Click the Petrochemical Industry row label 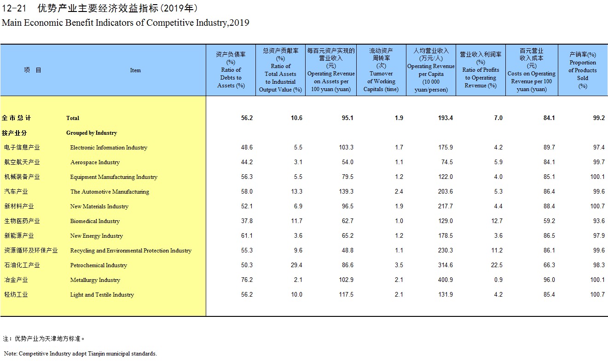(x=98, y=265)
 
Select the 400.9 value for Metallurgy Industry (x=446, y=280)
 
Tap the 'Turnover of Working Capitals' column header (x=381, y=70)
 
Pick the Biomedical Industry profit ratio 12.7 (x=497, y=221)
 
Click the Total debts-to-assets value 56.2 (x=247, y=118)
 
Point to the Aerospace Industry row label (x=95, y=162)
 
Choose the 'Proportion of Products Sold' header (x=583, y=70)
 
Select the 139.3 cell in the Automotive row (x=346, y=191)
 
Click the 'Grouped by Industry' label (x=92, y=133)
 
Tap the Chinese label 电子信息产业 (x=22, y=147)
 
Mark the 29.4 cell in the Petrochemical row (x=296, y=265)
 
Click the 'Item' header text (x=135, y=70)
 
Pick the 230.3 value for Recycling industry (x=446, y=250)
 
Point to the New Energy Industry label (x=96, y=236)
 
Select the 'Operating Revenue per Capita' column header (x=431, y=70)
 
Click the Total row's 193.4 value (x=446, y=118)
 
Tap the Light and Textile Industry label (x=102, y=295)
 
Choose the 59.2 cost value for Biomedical (x=549, y=221)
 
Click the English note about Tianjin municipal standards (x=81, y=353)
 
